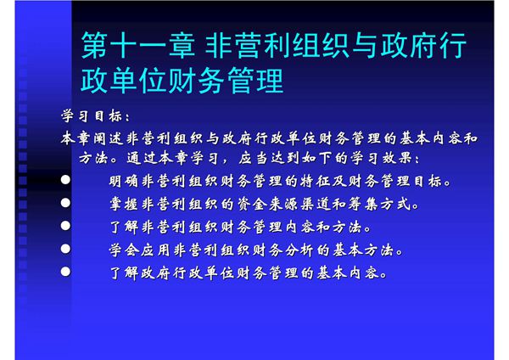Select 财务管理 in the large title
(215, 83)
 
